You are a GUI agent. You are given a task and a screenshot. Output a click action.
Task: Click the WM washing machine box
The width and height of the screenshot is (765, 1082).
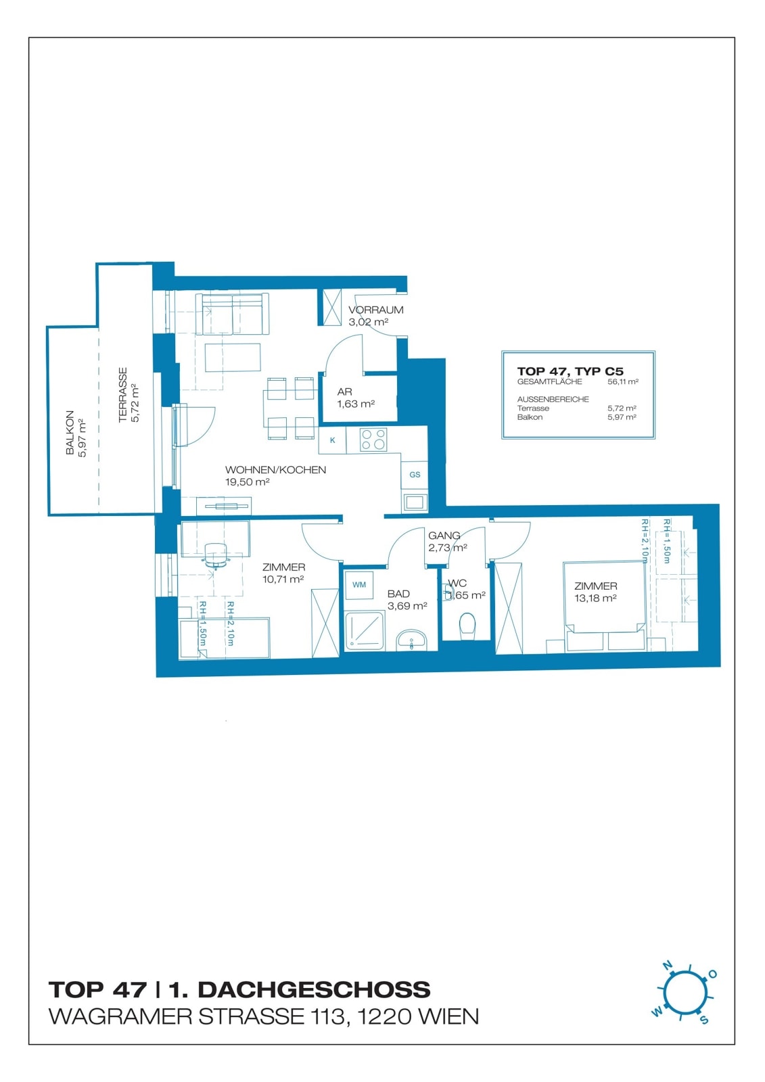[x=358, y=584]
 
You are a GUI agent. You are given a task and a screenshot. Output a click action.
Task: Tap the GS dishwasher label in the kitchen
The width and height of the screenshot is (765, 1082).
[x=415, y=475]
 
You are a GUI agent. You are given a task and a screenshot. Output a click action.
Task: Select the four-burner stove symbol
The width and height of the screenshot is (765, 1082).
[x=373, y=440]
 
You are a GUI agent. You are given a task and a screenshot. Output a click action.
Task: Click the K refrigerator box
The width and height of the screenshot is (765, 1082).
[x=333, y=440]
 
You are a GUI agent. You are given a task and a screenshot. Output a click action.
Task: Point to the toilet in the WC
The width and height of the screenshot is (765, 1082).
[x=467, y=626]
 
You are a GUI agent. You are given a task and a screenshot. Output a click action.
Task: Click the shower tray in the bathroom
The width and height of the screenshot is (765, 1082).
[x=365, y=630]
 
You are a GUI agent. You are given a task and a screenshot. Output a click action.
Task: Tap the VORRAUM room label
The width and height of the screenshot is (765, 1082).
[x=375, y=310]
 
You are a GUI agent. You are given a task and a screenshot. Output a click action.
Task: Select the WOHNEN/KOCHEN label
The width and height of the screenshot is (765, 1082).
[x=275, y=469]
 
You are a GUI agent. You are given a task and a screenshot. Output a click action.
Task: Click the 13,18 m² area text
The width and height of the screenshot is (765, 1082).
[x=595, y=598]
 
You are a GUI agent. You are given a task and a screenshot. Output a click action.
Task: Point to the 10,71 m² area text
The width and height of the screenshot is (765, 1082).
[x=283, y=579]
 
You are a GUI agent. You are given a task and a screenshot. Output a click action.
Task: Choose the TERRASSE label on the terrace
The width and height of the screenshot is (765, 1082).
[x=122, y=395]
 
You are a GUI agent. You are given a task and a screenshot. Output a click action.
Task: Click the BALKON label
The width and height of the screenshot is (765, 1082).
[x=70, y=432]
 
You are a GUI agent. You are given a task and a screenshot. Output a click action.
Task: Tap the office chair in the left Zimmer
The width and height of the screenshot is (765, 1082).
[x=216, y=555]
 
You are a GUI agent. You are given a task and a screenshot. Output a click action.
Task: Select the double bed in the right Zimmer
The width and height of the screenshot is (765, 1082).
[x=605, y=597]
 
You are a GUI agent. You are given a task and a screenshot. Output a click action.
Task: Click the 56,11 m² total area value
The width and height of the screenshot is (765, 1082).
[x=623, y=381]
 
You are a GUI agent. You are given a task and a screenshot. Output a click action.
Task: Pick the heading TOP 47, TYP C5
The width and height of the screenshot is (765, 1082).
[x=570, y=371]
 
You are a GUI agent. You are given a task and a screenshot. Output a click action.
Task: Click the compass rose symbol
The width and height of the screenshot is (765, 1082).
[x=685, y=995]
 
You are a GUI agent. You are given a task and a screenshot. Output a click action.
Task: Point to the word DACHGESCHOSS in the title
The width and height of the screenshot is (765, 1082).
[x=314, y=989]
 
